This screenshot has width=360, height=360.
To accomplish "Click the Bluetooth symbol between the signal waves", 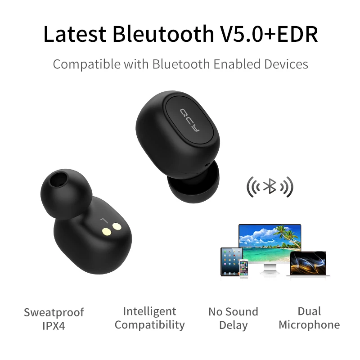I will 270,186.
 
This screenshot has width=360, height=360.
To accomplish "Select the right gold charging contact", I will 118,228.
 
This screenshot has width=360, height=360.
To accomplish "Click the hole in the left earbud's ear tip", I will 57,182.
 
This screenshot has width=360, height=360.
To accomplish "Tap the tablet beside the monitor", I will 231,261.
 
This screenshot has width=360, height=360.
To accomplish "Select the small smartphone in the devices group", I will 244,269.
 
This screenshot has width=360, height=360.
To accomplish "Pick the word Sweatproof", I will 54,312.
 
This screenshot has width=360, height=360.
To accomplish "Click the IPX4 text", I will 54,326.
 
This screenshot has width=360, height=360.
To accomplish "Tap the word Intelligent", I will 149,311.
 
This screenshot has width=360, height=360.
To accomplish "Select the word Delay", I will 233,325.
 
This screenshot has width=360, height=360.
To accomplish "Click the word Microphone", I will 309,325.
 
